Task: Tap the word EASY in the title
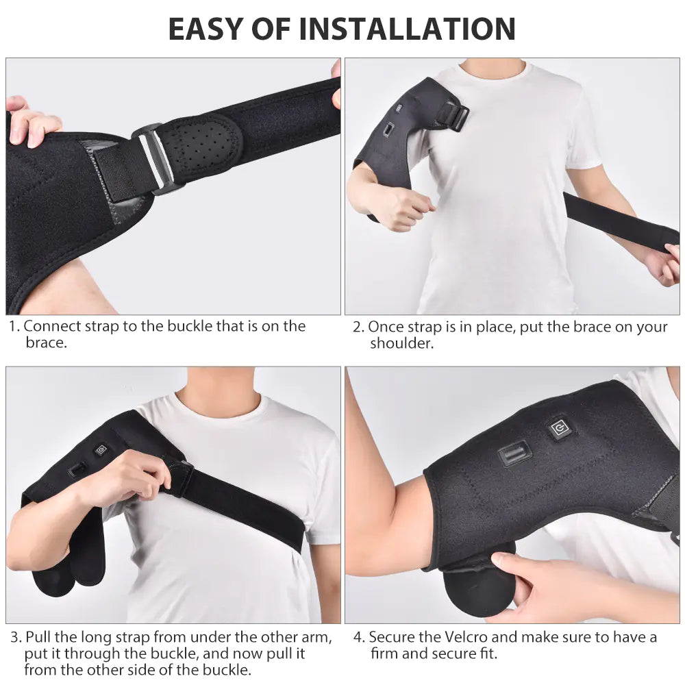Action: [205, 29]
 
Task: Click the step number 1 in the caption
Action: [14, 327]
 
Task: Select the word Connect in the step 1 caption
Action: [52, 327]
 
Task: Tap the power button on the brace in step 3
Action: [101, 450]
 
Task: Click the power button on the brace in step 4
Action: [560, 428]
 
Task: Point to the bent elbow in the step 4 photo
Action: [363, 541]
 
